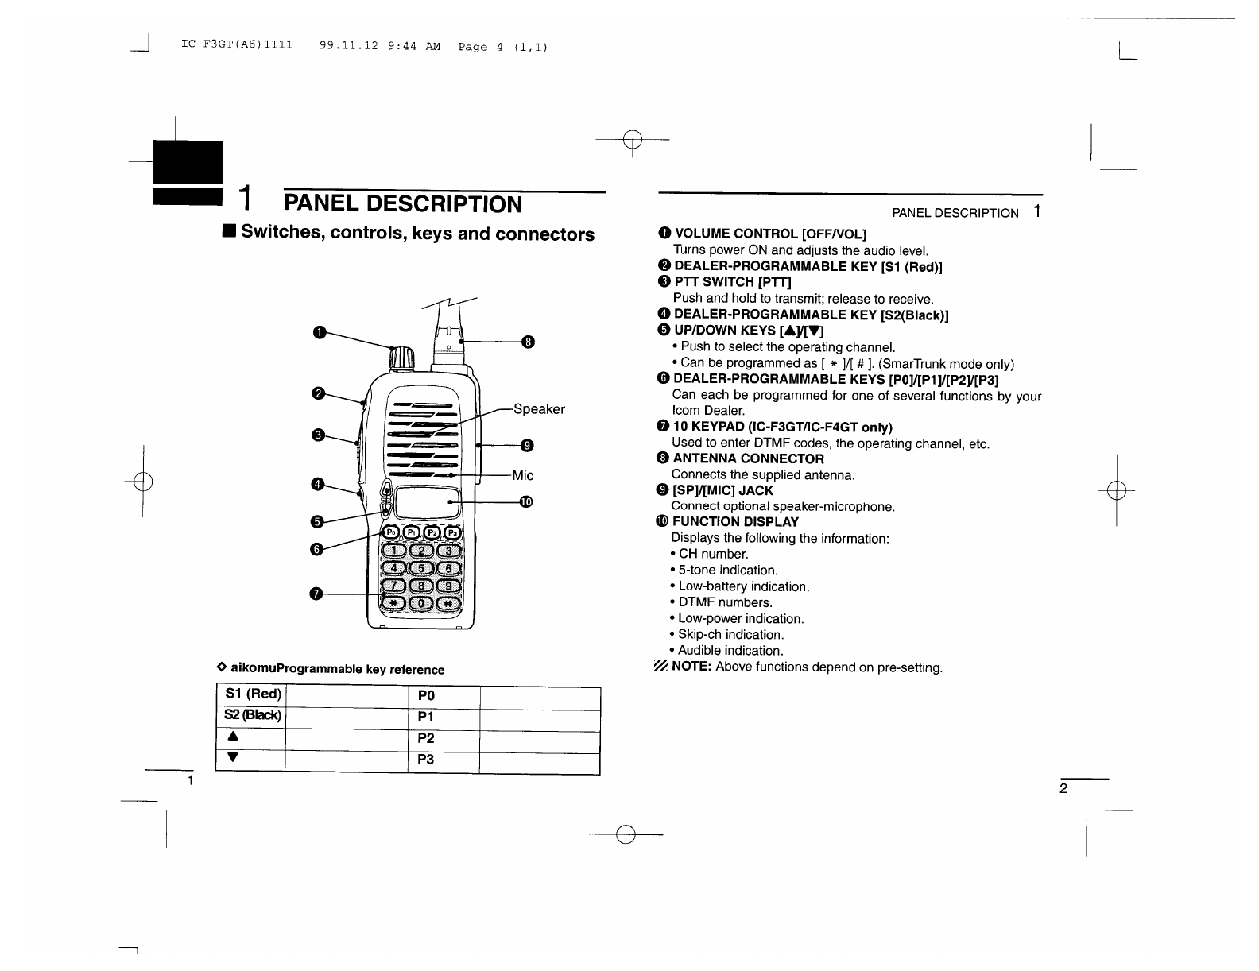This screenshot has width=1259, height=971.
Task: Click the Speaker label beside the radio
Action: pos(539,409)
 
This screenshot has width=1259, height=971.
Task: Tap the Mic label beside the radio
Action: pos(523,475)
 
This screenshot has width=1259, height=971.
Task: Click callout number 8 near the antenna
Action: pos(528,342)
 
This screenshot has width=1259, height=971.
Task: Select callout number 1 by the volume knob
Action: pos(319,332)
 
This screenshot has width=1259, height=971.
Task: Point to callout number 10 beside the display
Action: pos(526,501)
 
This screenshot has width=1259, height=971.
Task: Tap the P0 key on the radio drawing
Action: pos(393,532)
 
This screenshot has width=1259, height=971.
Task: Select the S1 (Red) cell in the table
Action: pos(250,695)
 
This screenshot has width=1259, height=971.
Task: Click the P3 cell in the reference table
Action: pos(426,760)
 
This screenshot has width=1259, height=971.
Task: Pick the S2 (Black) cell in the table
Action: pos(250,716)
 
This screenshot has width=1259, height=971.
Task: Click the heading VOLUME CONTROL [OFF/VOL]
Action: pos(770,233)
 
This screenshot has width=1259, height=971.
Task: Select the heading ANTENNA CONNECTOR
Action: pos(748,458)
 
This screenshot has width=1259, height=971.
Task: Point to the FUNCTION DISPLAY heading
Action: pos(735,522)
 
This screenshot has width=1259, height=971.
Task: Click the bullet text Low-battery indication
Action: pos(743,586)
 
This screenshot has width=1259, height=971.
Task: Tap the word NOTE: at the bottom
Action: pos(691,667)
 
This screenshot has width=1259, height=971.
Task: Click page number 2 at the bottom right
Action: pos(1063,789)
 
